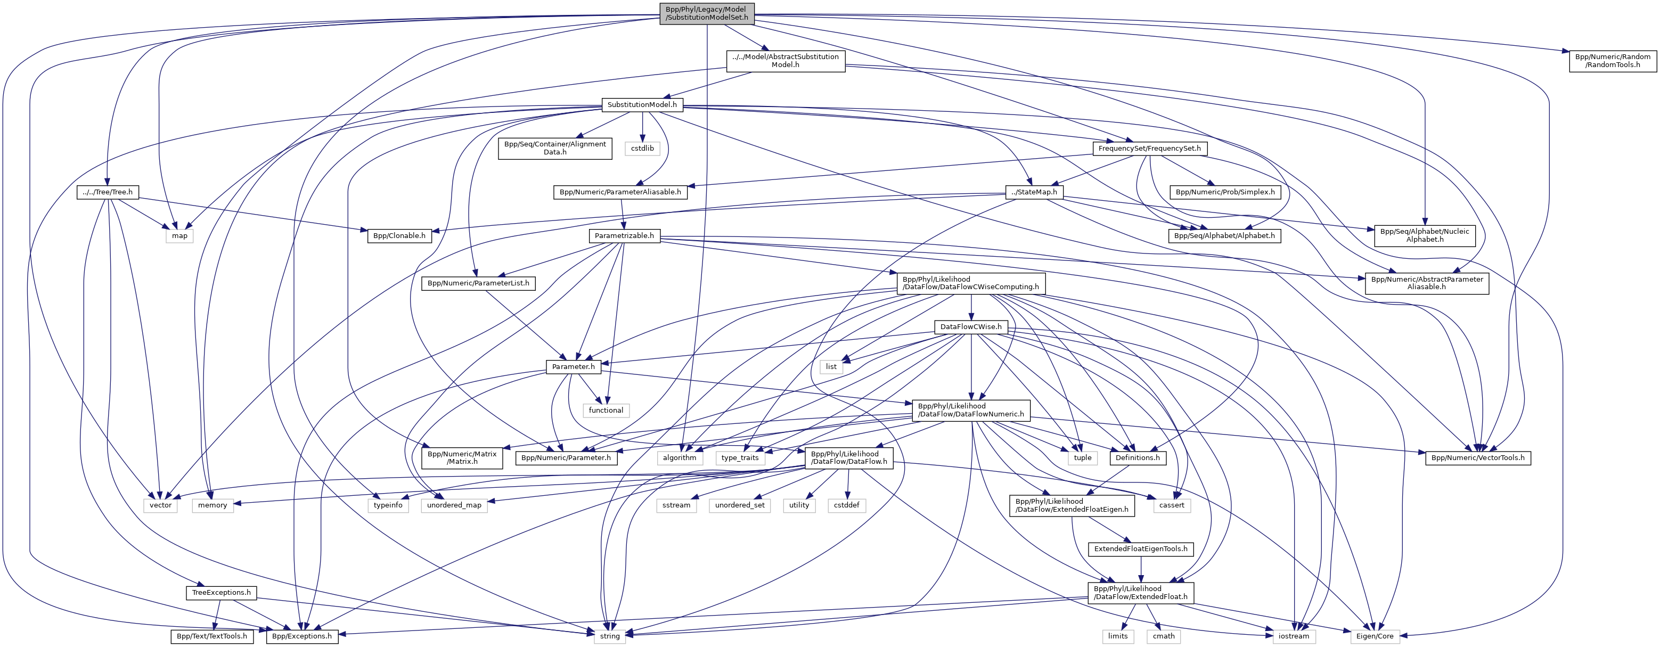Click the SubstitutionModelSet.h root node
pyautogui.click(x=707, y=13)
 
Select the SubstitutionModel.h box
pyautogui.click(x=642, y=104)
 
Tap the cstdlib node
pyautogui.click(x=642, y=148)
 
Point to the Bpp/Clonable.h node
pyautogui.click(x=399, y=236)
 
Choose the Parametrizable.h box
pyautogui.click(x=624, y=236)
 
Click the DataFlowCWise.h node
pyautogui.click(x=970, y=327)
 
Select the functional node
pyautogui.click(x=606, y=410)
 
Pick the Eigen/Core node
pyautogui.click(x=1375, y=636)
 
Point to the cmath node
pyautogui.click(x=1164, y=636)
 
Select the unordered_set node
pyautogui.click(x=740, y=505)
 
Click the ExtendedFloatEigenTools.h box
pyautogui.click(x=1141, y=549)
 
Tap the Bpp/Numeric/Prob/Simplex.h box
pyautogui.click(x=1225, y=192)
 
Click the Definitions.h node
pyautogui.click(x=1138, y=457)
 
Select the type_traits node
pyautogui.click(x=740, y=457)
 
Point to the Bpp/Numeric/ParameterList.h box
pyautogui.click(x=478, y=283)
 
